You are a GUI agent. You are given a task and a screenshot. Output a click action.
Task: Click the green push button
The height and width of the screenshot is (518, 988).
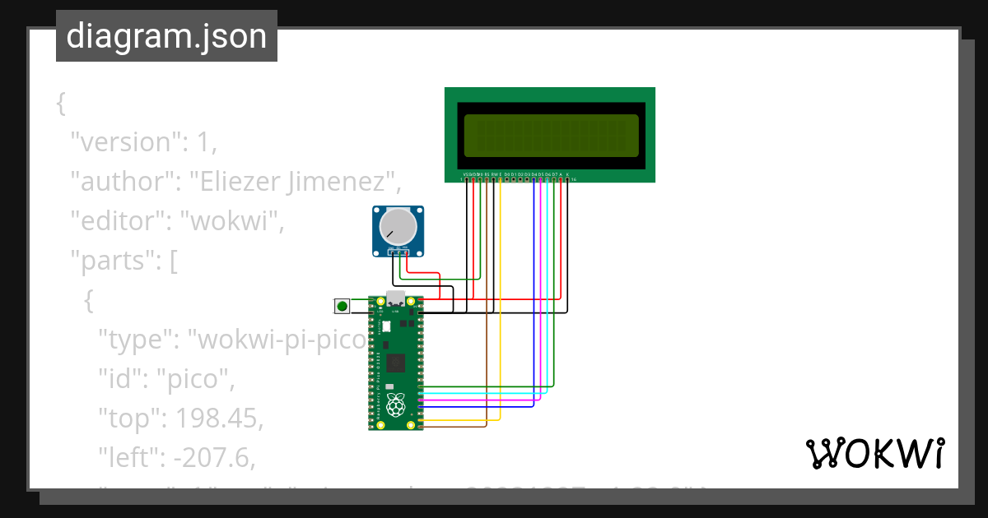click(x=341, y=307)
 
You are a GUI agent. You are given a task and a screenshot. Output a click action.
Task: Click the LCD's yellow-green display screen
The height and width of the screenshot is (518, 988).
click(x=551, y=135)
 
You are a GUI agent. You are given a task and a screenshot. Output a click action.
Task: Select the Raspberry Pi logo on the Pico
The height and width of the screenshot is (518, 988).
click(x=396, y=405)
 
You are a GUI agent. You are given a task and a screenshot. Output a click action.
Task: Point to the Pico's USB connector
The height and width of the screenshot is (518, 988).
click(x=396, y=299)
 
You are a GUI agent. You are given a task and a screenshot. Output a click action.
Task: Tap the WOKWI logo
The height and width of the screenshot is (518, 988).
click(x=874, y=453)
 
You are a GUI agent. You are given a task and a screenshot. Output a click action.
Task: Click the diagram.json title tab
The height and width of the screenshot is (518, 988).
click(x=166, y=37)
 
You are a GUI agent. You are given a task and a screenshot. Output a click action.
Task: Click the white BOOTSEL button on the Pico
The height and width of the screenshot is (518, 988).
click(x=385, y=326)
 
